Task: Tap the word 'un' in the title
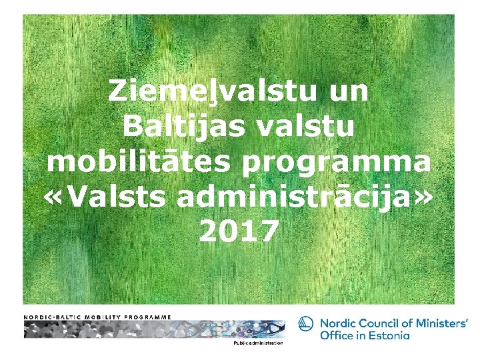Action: tap(347, 91)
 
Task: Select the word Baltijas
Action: tap(175, 127)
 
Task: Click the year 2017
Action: tap(239, 232)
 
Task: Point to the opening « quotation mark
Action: tap(56, 198)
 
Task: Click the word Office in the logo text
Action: tap(337, 335)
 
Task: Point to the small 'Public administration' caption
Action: tap(258, 343)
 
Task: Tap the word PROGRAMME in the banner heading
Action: tap(147, 317)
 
